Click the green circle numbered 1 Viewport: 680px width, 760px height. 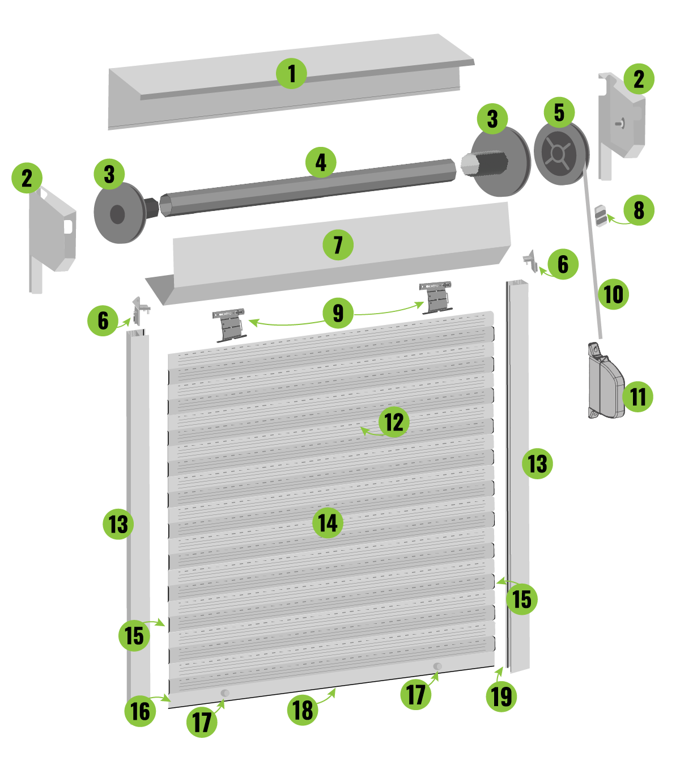[x=291, y=74]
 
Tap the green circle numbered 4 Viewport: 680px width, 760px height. [x=321, y=162]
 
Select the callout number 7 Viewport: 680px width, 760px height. [x=338, y=245]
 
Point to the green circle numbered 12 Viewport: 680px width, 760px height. [x=394, y=422]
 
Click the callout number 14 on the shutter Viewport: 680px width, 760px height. [x=328, y=523]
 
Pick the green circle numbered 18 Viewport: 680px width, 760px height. [x=303, y=710]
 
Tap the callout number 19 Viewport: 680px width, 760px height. [x=501, y=696]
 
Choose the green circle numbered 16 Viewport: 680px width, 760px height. [x=140, y=711]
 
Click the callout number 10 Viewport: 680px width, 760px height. [x=613, y=294]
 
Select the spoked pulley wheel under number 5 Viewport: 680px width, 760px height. [x=561, y=154]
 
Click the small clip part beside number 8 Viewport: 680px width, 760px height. [x=601, y=216]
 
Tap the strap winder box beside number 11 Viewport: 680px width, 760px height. [x=605, y=381]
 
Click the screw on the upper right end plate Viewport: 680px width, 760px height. [x=619, y=123]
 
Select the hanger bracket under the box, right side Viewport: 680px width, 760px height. [x=436, y=297]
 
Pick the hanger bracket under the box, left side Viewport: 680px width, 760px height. [x=229, y=325]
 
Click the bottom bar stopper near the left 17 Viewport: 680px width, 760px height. [x=225, y=693]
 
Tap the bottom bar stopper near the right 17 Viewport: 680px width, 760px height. [x=437, y=666]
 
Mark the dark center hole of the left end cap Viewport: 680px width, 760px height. [x=117, y=214]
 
